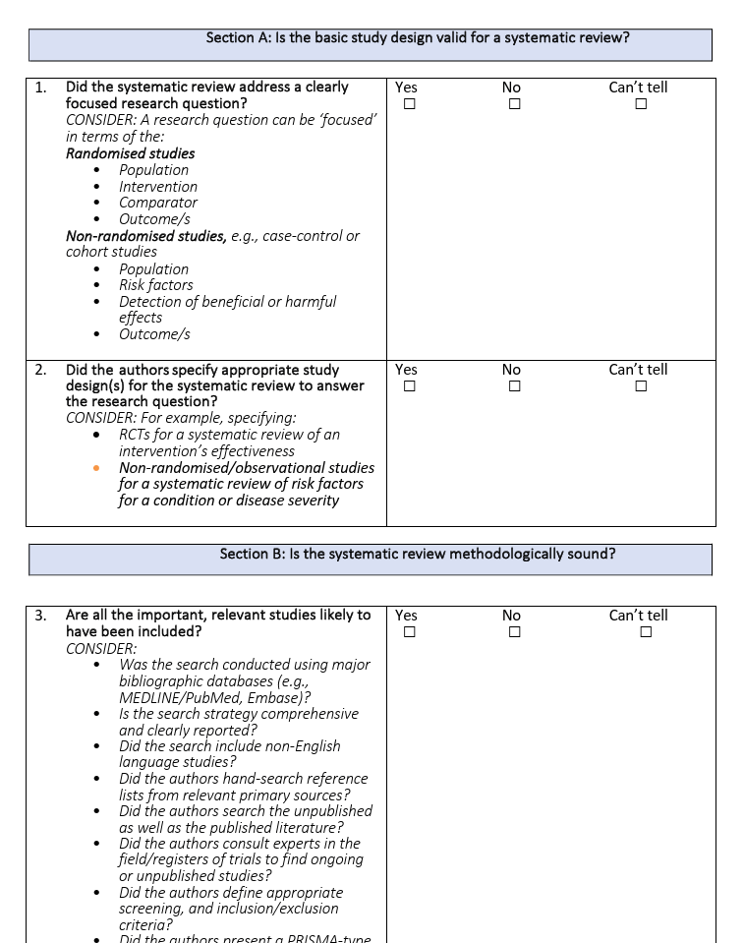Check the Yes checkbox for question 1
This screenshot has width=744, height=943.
click(410, 104)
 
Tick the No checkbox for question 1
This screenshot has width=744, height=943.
click(514, 104)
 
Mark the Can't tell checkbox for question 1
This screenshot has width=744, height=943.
click(641, 104)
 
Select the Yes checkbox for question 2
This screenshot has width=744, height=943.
click(410, 386)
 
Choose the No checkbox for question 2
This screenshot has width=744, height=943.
click(514, 386)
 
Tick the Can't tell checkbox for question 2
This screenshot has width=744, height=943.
click(641, 386)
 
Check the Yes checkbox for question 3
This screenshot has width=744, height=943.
click(410, 632)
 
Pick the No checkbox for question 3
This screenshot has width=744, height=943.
click(514, 632)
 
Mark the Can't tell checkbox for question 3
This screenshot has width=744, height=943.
click(646, 632)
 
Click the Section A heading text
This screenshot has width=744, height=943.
click(417, 38)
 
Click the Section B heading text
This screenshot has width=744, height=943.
click(417, 554)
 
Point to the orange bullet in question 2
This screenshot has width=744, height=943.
click(96, 468)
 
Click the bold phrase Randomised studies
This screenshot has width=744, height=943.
click(130, 153)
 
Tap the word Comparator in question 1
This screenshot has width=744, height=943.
click(158, 203)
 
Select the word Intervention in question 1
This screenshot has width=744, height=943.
click(158, 187)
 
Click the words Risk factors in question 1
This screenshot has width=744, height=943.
click(156, 285)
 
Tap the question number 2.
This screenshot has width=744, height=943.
click(40, 370)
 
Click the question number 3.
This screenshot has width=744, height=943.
click(40, 616)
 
